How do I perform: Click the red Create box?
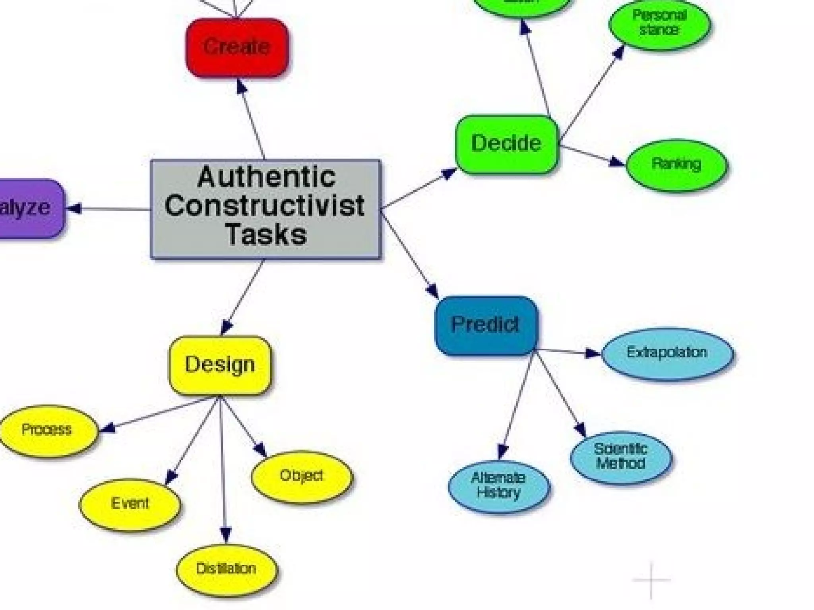tap(237, 47)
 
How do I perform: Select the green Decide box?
tap(507, 144)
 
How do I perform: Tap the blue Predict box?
tap(486, 325)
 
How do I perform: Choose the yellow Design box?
tap(220, 365)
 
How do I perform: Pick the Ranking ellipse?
tap(676, 165)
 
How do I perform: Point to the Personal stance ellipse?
tap(660, 24)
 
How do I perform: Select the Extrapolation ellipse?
tap(667, 353)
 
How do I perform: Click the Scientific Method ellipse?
tap(621, 457)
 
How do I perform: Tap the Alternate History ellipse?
tap(498, 486)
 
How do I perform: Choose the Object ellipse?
tap(302, 476)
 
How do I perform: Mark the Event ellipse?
tap(130, 504)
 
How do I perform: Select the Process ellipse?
tap(47, 430)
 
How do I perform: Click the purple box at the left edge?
tap(28, 208)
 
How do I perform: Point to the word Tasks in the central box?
tap(266, 234)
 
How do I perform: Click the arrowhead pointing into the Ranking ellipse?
tap(617, 162)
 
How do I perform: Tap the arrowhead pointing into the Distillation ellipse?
tap(225, 535)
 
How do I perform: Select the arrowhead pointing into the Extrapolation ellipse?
tap(593, 353)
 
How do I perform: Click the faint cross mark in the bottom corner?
tap(651, 580)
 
